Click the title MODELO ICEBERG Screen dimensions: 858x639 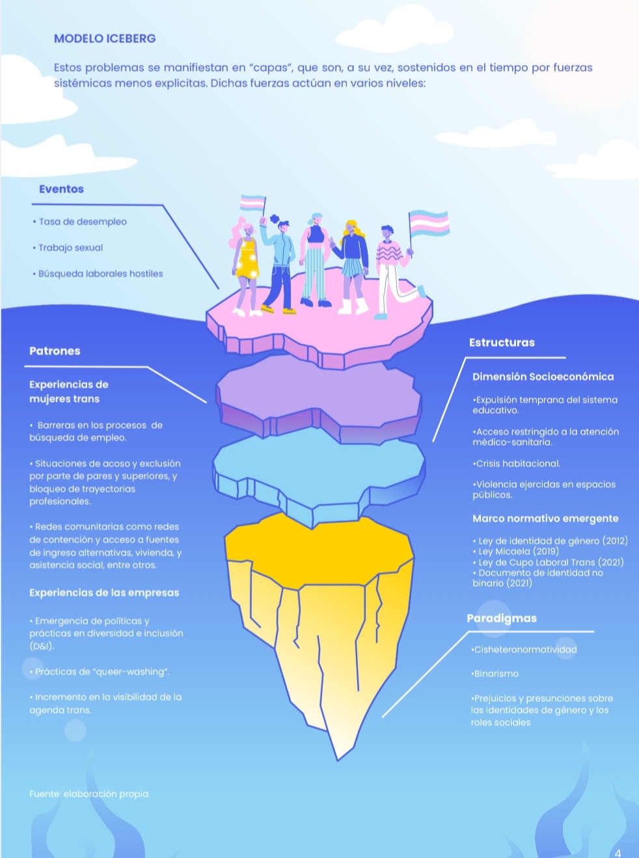point(105,38)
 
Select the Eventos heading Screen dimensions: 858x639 point(61,189)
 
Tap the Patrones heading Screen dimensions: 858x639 point(55,351)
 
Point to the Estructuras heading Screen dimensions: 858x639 point(502,343)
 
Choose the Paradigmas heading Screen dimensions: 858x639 point(502,618)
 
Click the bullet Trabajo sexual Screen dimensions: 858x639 point(70,248)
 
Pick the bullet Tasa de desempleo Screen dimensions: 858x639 point(83,222)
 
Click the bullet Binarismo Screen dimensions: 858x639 point(496,674)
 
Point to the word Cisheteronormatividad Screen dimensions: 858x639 point(525,649)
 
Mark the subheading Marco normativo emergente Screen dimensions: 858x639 point(545,518)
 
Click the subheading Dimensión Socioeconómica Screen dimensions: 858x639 point(543,377)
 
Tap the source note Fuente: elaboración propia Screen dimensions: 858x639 point(89,794)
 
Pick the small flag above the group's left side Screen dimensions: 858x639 point(252,203)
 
